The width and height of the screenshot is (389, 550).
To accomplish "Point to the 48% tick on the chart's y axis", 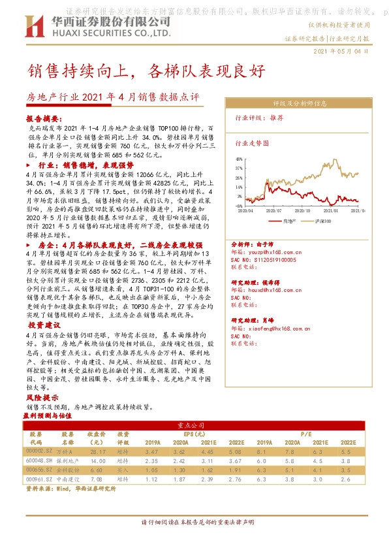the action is click(239, 158).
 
